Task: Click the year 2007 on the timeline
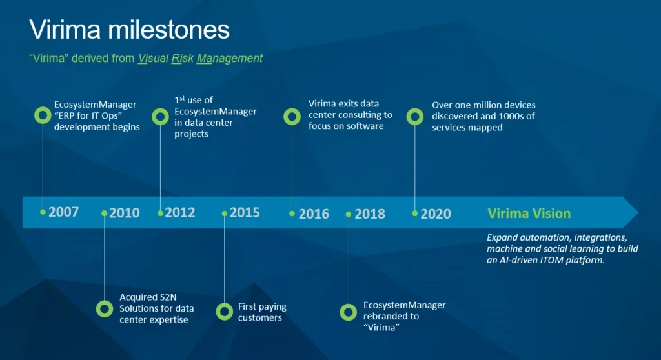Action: (64, 212)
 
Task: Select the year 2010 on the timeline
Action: (125, 213)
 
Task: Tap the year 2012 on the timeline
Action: (180, 212)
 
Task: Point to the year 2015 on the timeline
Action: (245, 212)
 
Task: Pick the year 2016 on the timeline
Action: (314, 214)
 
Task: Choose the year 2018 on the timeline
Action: (370, 214)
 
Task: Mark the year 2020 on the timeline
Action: (436, 214)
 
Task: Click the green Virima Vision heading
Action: (529, 214)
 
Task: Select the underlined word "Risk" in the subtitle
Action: (182, 58)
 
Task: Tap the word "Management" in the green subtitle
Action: (230, 58)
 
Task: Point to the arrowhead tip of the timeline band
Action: (638, 212)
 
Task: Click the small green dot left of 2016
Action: (292, 214)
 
